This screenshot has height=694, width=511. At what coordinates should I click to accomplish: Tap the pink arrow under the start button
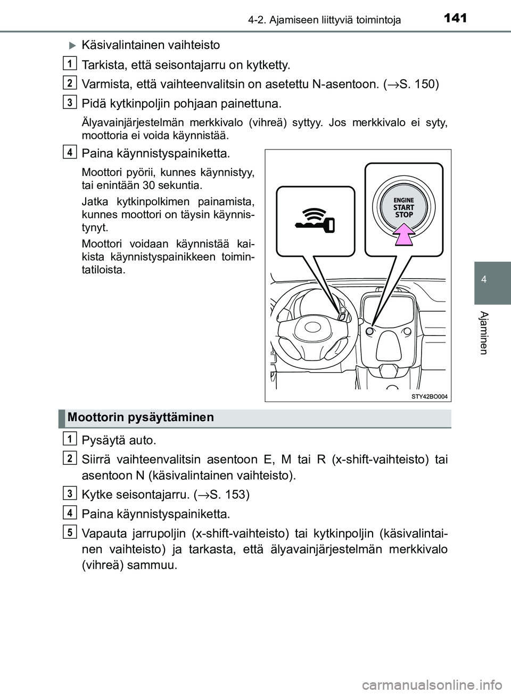pyautogui.click(x=403, y=235)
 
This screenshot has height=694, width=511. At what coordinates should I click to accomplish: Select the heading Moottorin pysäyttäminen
pyautogui.click(x=141, y=418)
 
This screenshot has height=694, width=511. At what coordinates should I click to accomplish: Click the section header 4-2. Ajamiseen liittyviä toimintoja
pyautogui.click(x=325, y=20)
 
